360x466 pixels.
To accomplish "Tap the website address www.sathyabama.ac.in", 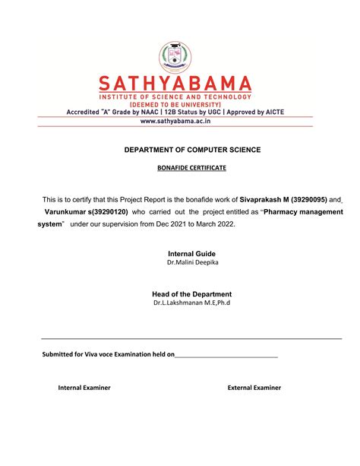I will click(x=180, y=121).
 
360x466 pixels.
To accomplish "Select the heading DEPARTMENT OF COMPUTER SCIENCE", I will click(x=192, y=151).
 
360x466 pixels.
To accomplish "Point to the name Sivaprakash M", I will click(x=264, y=197).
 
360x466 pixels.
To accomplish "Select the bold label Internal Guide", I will click(x=191, y=253).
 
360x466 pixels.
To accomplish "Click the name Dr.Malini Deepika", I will click(x=191, y=263).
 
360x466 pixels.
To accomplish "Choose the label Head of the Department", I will click(x=191, y=294).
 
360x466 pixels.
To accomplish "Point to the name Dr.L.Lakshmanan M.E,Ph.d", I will click(x=191, y=303).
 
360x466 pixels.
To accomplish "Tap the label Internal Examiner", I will click(x=84, y=388).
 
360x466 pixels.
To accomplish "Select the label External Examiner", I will click(x=254, y=388).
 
